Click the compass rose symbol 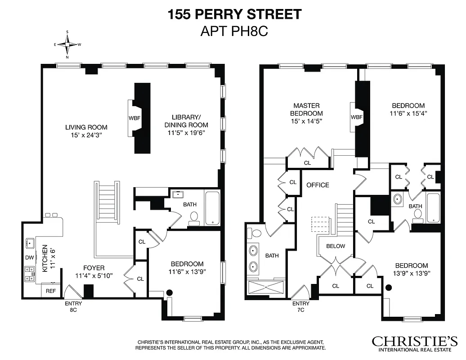coord(67,45)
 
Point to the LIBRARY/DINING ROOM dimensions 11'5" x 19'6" coord(186,132)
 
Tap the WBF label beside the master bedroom coord(357,117)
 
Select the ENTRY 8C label coord(73,306)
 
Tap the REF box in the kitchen coord(51,291)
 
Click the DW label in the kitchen coord(29,258)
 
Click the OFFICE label coord(318,185)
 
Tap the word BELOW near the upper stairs coord(336,246)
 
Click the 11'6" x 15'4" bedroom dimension coord(408,113)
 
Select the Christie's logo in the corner coord(414,343)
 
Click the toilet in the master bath coord(256,234)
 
